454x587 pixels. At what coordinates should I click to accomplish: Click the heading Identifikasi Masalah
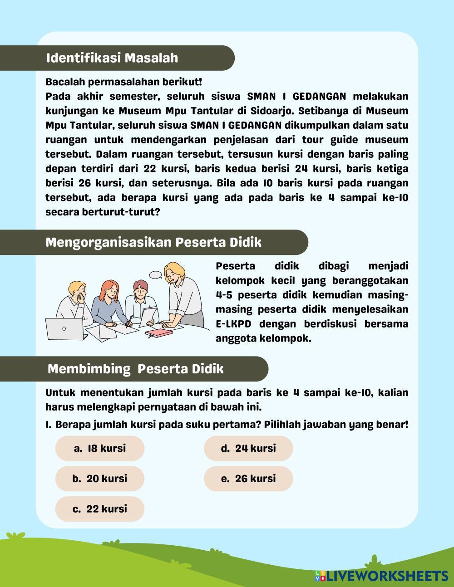point(112,58)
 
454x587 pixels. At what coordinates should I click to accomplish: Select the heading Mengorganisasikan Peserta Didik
point(153,242)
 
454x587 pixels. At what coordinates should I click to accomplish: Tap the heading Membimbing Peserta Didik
point(135,369)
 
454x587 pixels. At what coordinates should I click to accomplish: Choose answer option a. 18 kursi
point(100,448)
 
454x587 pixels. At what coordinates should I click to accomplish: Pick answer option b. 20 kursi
point(100,479)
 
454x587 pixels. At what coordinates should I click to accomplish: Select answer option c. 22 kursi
point(100,509)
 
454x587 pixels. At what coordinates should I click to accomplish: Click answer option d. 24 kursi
point(248,448)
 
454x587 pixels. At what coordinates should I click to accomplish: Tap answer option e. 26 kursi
point(248,479)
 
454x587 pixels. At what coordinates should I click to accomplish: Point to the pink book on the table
point(159,333)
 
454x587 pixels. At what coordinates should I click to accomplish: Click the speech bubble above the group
point(156,274)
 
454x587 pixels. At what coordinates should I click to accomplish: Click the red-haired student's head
point(109,289)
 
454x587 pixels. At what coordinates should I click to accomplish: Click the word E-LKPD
point(234,324)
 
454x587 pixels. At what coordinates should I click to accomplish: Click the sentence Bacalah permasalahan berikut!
point(123,82)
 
